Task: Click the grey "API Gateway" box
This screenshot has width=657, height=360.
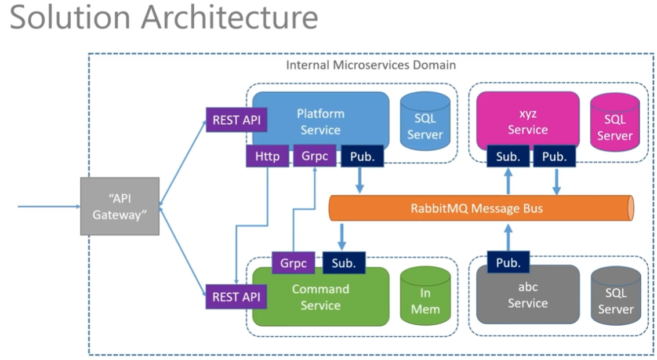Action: pyautogui.click(x=119, y=206)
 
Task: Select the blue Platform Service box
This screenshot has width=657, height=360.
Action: pyautogui.click(x=321, y=119)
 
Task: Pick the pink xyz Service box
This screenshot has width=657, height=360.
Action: pyautogui.click(x=528, y=119)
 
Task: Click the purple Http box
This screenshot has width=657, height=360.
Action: pyautogui.click(x=267, y=157)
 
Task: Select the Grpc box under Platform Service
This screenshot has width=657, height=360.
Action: pyautogui.click(x=314, y=157)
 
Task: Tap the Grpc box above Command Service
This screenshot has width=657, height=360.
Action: pyautogui.click(x=293, y=263)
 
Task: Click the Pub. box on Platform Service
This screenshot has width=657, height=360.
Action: pyautogui.click(x=362, y=157)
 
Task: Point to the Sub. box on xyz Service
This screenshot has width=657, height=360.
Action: pyautogui.click(x=508, y=157)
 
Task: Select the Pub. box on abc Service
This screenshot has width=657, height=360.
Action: pyautogui.click(x=508, y=263)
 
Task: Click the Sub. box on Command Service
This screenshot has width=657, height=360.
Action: pyautogui.click(x=344, y=263)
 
